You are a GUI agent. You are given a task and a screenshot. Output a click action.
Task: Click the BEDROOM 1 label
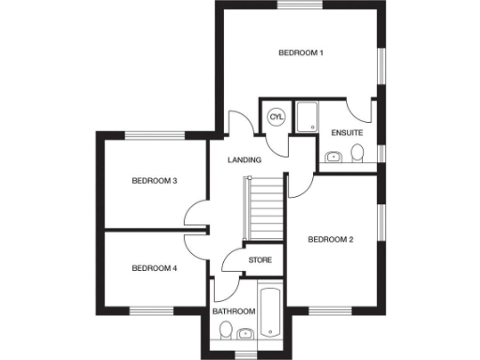coord(301,52)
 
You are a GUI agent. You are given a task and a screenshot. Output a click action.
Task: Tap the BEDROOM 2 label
coord(330,240)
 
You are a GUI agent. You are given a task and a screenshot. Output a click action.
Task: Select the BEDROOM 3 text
coord(154,181)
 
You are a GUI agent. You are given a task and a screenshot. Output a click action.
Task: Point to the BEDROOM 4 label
coord(154,268)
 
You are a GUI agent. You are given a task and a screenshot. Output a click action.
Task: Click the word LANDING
coord(245,160)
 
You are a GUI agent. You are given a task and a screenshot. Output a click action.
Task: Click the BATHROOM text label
coord(232,310)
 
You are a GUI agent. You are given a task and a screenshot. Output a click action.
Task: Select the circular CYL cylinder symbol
coord(276,117)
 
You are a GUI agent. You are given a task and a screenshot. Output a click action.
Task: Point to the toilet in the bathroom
coord(225,330)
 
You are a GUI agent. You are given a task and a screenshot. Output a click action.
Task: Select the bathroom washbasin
coord(245,332)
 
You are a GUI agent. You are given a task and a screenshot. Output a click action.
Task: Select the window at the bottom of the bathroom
coord(245,353)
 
